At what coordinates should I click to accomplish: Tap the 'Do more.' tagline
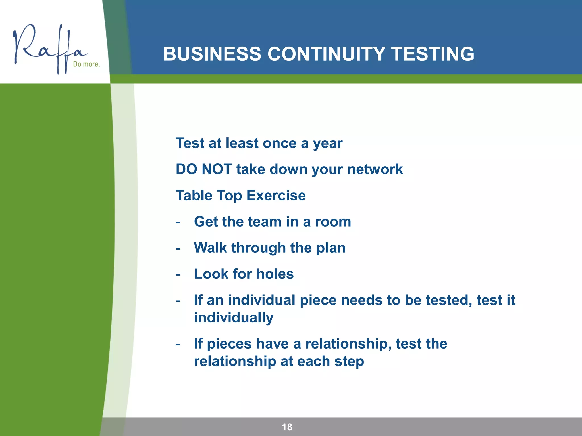pyautogui.click(x=86, y=64)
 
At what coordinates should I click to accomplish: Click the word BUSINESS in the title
pyautogui.click(x=212, y=54)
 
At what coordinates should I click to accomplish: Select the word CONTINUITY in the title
pyautogui.click(x=326, y=54)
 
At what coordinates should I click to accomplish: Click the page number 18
pyautogui.click(x=287, y=427)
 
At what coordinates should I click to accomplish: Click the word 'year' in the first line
pyautogui.click(x=328, y=143)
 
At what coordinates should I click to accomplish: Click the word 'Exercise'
pyautogui.click(x=276, y=195)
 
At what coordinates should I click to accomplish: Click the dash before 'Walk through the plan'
pyautogui.click(x=178, y=248)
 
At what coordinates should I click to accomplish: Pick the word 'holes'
pyautogui.click(x=275, y=274)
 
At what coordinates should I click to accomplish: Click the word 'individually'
pyautogui.click(x=234, y=318)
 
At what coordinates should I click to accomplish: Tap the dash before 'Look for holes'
pyautogui.click(x=178, y=274)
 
